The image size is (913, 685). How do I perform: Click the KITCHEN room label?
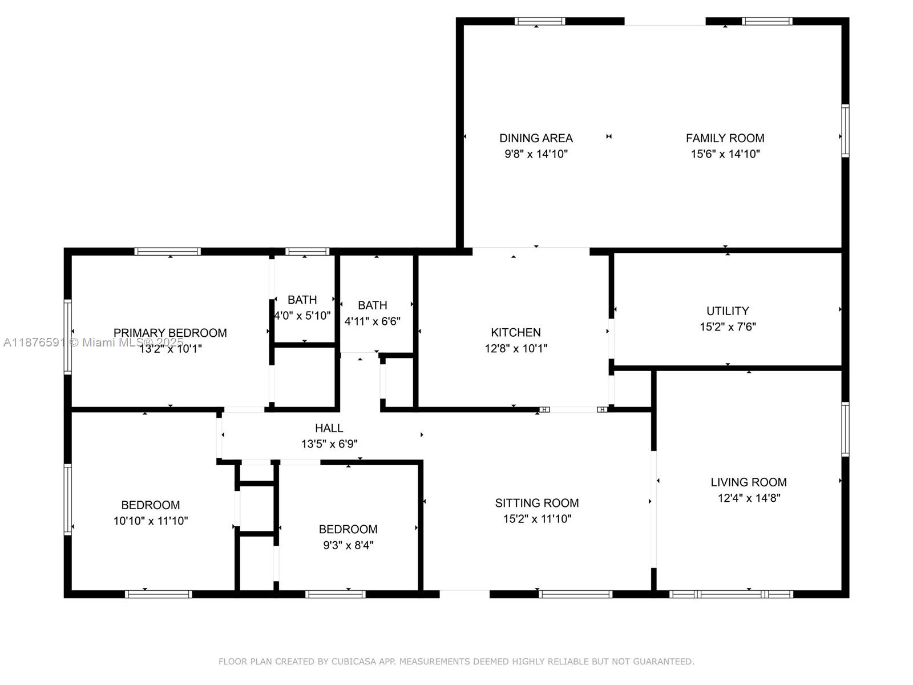click(515, 332)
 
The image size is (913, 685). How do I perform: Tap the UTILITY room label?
click(728, 311)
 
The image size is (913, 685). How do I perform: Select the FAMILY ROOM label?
click(725, 138)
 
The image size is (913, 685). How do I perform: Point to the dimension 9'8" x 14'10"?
click(536, 154)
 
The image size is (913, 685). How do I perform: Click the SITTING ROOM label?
click(536, 503)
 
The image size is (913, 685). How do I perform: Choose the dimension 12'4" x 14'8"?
click(749, 498)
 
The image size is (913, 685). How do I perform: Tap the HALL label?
click(329, 428)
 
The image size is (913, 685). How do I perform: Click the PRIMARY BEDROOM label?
click(170, 333)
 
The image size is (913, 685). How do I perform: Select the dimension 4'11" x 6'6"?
click(372, 321)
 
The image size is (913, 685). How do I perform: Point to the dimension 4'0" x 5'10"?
click(302, 316)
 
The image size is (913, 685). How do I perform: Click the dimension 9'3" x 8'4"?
click(348, 545)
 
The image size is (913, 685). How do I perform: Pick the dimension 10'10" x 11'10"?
click(151, 521)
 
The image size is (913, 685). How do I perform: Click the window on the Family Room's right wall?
click(845, 131)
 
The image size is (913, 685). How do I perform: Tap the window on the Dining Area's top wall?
click(540, 22)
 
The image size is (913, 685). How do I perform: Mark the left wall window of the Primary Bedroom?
click(68, 337)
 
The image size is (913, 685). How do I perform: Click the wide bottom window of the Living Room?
click(730, 594)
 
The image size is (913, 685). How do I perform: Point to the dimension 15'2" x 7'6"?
click(728, 327)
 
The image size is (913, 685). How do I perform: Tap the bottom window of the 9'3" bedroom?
click(335, 594)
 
